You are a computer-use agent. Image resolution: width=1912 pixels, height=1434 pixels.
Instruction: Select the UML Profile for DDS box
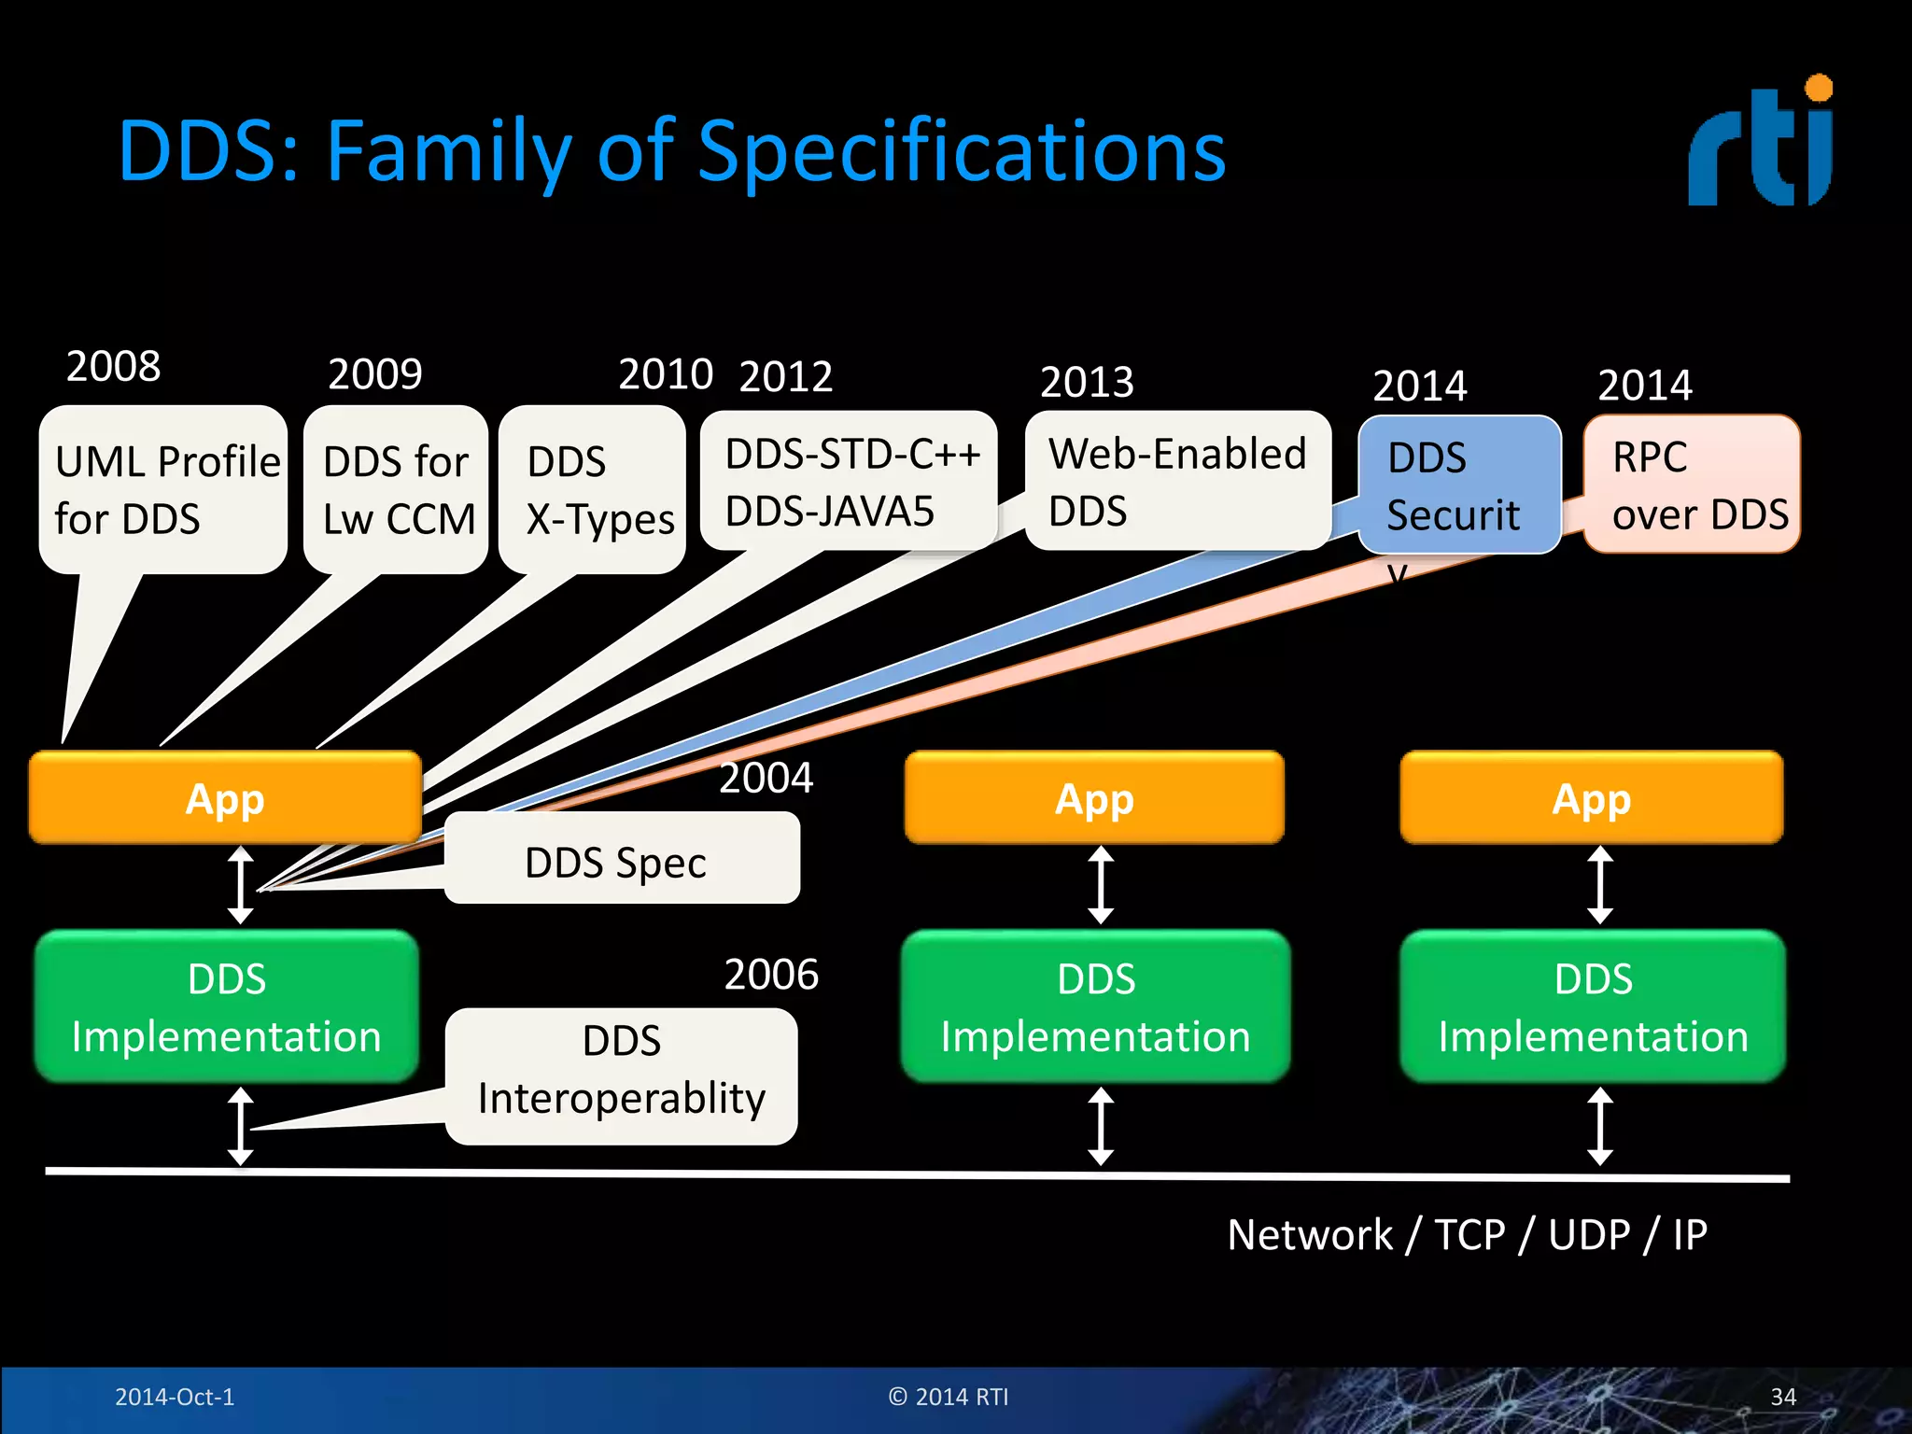pyautogui.click(x=163, y=490)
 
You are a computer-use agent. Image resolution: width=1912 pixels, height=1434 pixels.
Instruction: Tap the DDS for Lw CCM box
pyautogui.click(x=397, y=490)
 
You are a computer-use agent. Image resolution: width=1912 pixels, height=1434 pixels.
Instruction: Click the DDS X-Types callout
pyautogui.click(x=594, y=490)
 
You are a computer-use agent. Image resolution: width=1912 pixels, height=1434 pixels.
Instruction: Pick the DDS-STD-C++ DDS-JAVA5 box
pyautogui.click(x=850, y=482)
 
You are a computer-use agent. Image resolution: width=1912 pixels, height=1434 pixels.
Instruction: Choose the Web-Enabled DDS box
pyautogui.click(x=1177, y=482)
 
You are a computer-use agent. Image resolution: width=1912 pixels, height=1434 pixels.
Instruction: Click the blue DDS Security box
pyautogui.click(x=1459, y=485)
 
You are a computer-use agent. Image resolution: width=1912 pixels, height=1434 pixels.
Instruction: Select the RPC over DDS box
pyautogui.click(x=1692, y=485)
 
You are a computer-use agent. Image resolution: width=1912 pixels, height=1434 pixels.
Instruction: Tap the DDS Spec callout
pyautogui.click(x=621, y=860)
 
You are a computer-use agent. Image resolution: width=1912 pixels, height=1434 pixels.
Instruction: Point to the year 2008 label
pyautogui.click(x=113, y=366)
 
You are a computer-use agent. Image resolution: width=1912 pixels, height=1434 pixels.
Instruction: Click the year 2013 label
pyautogui.click(x=1087, y=382)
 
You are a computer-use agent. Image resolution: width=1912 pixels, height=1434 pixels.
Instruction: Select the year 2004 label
pyautogui.click(x=766, y=778)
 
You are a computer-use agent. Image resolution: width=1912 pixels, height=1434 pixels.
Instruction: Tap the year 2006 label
pyautogui.click(x=771, y=975)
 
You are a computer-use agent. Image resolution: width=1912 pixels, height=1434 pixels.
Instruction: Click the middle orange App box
pyautogui.click(x=1094, y=799)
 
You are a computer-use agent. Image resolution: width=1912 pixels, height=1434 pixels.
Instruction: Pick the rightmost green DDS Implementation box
pyautogui.click(x=1593, y=1006)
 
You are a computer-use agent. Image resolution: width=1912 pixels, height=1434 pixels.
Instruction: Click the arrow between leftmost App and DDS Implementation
pyautogui.click(x=241, y=885)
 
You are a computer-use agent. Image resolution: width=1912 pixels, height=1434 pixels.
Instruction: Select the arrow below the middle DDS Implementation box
pyautogui.click(x=1101, y=1126)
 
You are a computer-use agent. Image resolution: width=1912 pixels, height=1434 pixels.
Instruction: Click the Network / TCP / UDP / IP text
pyautogui.click(x=1467, y=1235)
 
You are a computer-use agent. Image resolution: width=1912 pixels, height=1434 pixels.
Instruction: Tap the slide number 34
pyautogui.click(x=1782, y=1397)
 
